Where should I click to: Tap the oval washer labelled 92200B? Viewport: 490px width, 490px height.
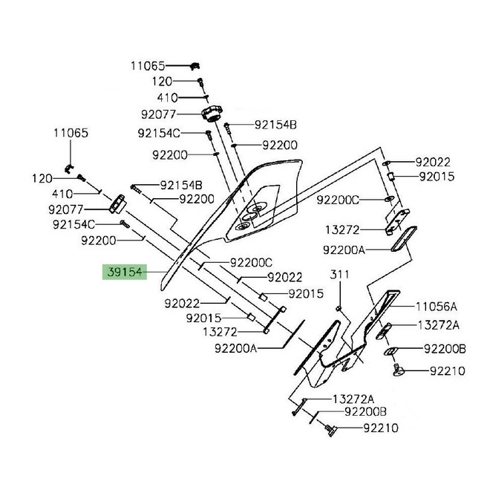pyautogui.click(x=391, y=349)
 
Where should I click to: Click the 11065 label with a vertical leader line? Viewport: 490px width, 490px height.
pyautogui.click(x=71, y=134)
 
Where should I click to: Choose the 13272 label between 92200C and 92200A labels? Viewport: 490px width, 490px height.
pyautogui.click(x=343, y=231)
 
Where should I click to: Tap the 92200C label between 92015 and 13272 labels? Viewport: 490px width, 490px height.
pyautogui.click(x=338, y=200)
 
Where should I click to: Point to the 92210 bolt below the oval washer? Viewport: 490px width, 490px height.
pyautogui.click(x=399, y=368)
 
